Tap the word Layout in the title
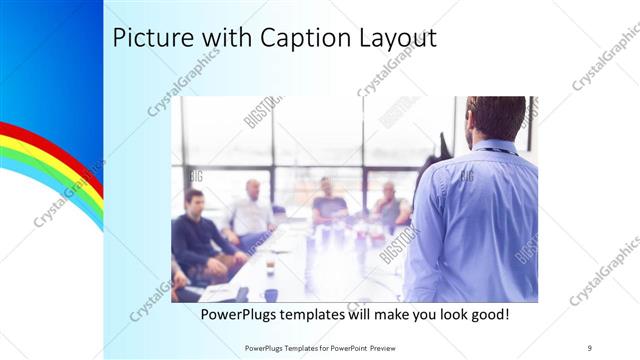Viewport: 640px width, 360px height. coord(395,39)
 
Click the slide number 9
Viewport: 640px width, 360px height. coord(590,347)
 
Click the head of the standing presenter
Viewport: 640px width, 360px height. coord(496,118)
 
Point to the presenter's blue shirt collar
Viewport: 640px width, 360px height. coord(497,148)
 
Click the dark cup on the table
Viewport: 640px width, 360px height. coord(270,295)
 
